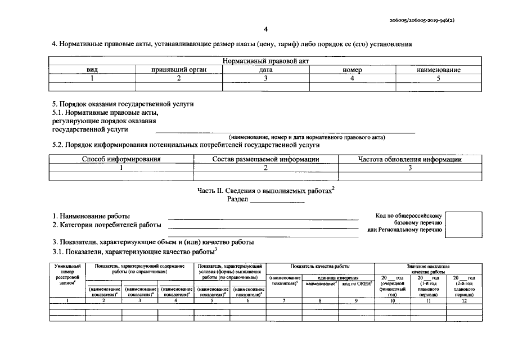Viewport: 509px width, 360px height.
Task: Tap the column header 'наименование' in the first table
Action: (438, 70)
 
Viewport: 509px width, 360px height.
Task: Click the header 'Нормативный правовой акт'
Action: (265, 61)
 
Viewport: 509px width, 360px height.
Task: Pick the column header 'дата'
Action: (265, 70)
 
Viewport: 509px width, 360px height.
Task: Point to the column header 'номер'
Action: (352, 70)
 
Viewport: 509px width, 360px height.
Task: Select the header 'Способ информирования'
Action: (121, 159)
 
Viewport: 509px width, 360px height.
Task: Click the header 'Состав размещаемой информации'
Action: (265, 159)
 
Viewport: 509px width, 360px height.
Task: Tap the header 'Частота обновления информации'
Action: (410, 159)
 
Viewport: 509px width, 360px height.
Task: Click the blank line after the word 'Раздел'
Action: (277, 200)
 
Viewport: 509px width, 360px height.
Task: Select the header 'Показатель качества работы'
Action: (319, 265)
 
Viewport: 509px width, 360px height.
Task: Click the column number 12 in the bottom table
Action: (464, 301)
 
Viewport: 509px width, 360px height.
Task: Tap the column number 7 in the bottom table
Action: (283, 301)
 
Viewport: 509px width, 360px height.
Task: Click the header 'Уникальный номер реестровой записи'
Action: (67, 274)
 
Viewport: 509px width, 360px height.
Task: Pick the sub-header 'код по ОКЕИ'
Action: (357, 284)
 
